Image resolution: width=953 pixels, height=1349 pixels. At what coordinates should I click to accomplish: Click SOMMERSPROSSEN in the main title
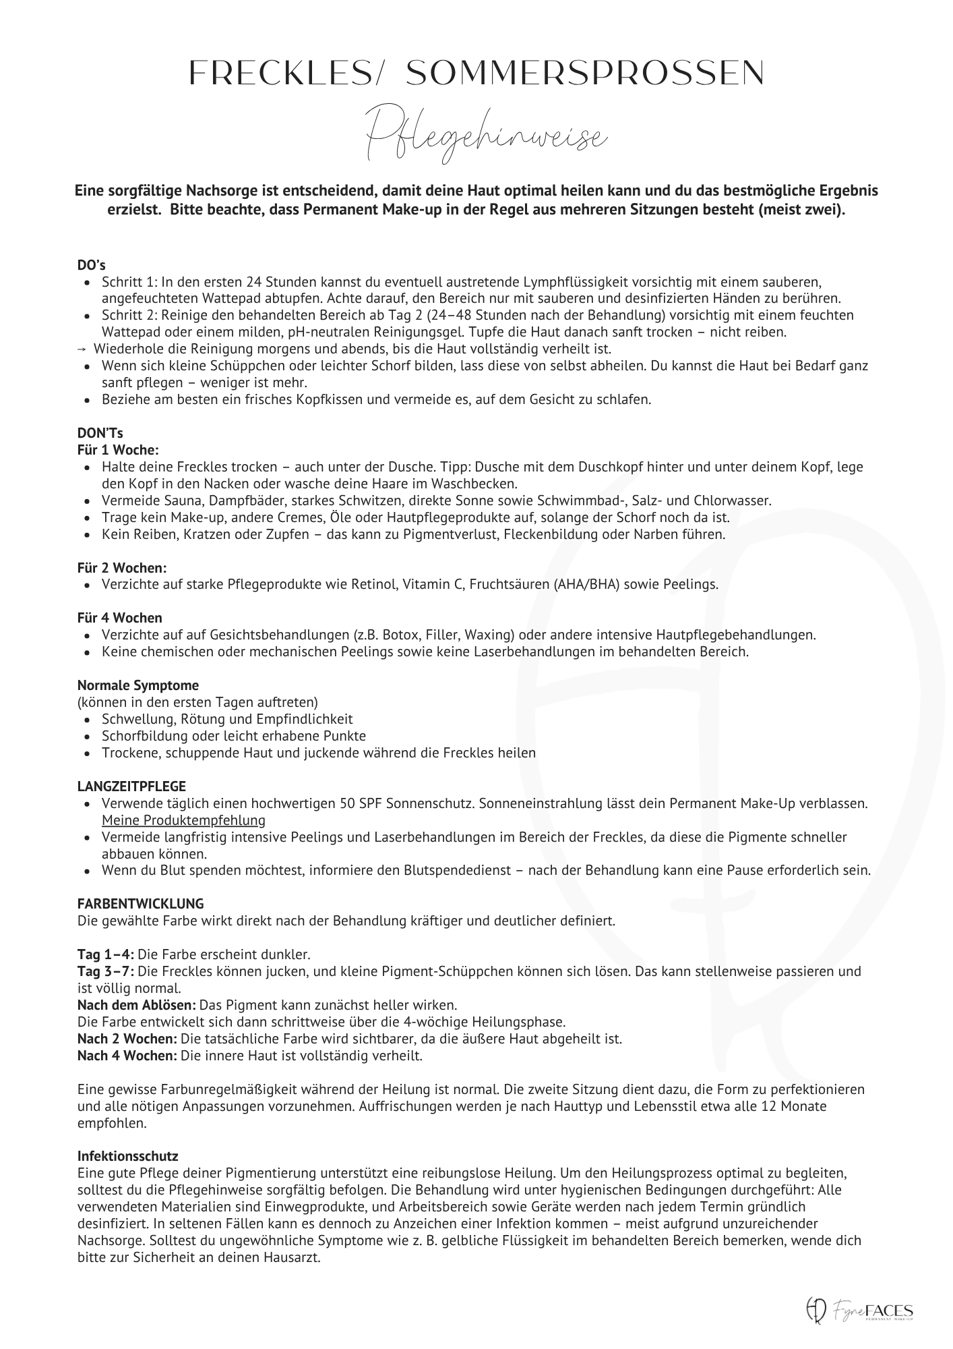pyautogui.click(x=586, y=73)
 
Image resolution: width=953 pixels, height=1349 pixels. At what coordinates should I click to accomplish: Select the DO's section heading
pyautogui.click(x=91, y=265)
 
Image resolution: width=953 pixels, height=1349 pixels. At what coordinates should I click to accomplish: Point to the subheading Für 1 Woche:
pyautogui.click(x=118, y=450)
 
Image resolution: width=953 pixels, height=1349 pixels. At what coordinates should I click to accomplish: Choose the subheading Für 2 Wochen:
pyautogui.click(x=122, y=569)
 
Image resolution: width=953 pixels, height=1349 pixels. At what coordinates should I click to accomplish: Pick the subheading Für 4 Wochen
pyautogui.click(x=119, y=618)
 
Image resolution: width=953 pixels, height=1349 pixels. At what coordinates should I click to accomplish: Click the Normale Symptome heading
pyautogui.click(x=137, y=686)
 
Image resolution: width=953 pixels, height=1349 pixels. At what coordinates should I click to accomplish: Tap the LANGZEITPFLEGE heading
pyautogui.click(x=131, y=786)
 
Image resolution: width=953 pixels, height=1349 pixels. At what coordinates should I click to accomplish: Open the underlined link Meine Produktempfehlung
pyautogui.click(x=183, y=820)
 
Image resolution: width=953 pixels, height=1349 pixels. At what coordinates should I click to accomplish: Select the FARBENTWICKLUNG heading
pyautogui.click(x=140, y=904)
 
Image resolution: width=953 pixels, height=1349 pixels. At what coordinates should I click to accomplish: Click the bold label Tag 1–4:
pyautogui.click(x=105, y=954)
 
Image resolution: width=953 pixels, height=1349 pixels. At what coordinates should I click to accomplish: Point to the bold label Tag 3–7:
pyautogui.click(x=105, y=971)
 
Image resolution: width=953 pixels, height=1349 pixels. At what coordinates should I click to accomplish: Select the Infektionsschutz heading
pyautogui.click(x=127, y=1157)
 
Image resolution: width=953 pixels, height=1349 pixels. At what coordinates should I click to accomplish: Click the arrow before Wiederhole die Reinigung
pyautogui.click(x=82, y=349)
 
